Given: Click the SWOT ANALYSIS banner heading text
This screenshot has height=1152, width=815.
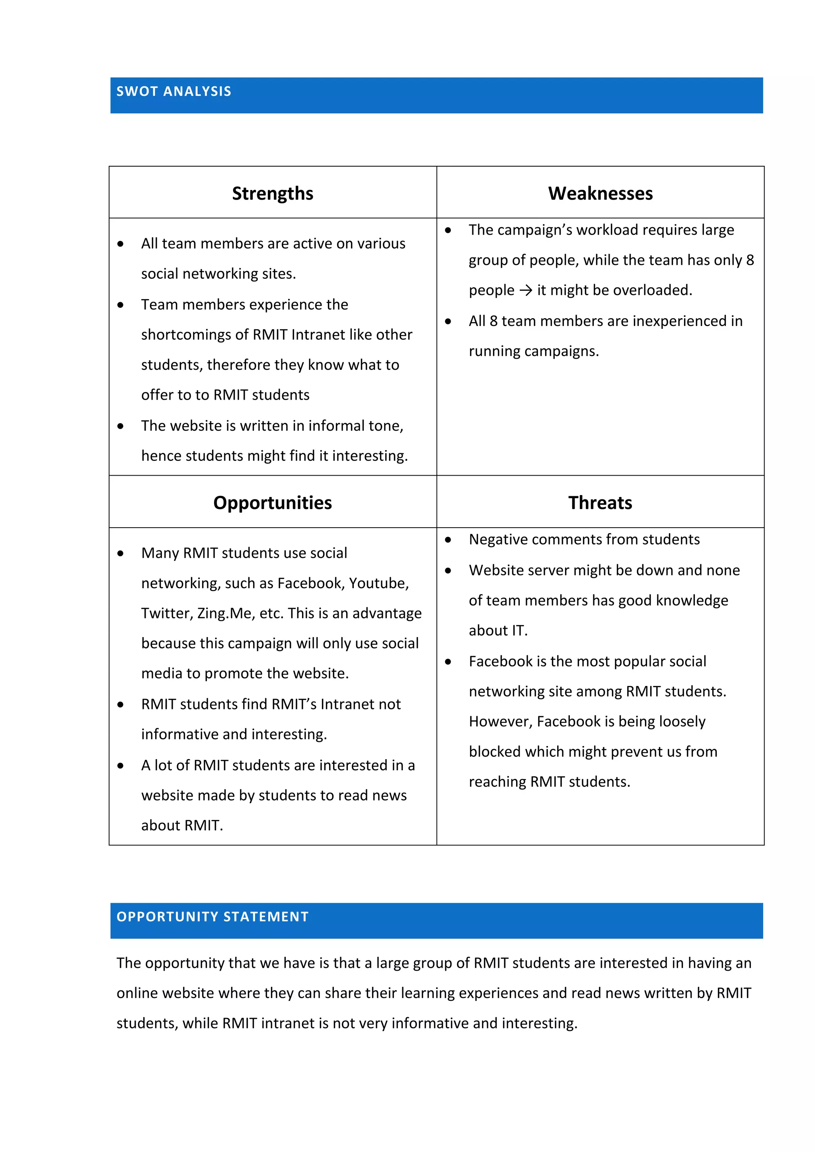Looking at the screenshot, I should (x=174, y=91).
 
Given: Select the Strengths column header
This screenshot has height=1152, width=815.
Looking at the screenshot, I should (x=272, y=193).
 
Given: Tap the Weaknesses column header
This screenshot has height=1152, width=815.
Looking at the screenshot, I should (x=600, y=193).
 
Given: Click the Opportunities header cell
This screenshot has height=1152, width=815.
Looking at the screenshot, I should (x=272, y=503).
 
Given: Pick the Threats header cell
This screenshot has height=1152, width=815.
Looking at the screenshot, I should (x=600, y=503).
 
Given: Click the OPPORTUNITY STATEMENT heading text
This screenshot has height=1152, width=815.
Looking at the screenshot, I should (x=213, y=917).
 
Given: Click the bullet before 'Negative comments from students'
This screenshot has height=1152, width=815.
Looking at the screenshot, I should (x=448, y=540).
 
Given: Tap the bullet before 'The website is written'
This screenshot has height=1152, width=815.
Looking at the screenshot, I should (x=121, y=426).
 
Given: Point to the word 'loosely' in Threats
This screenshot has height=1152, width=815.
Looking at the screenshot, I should (x=682, y=721).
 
